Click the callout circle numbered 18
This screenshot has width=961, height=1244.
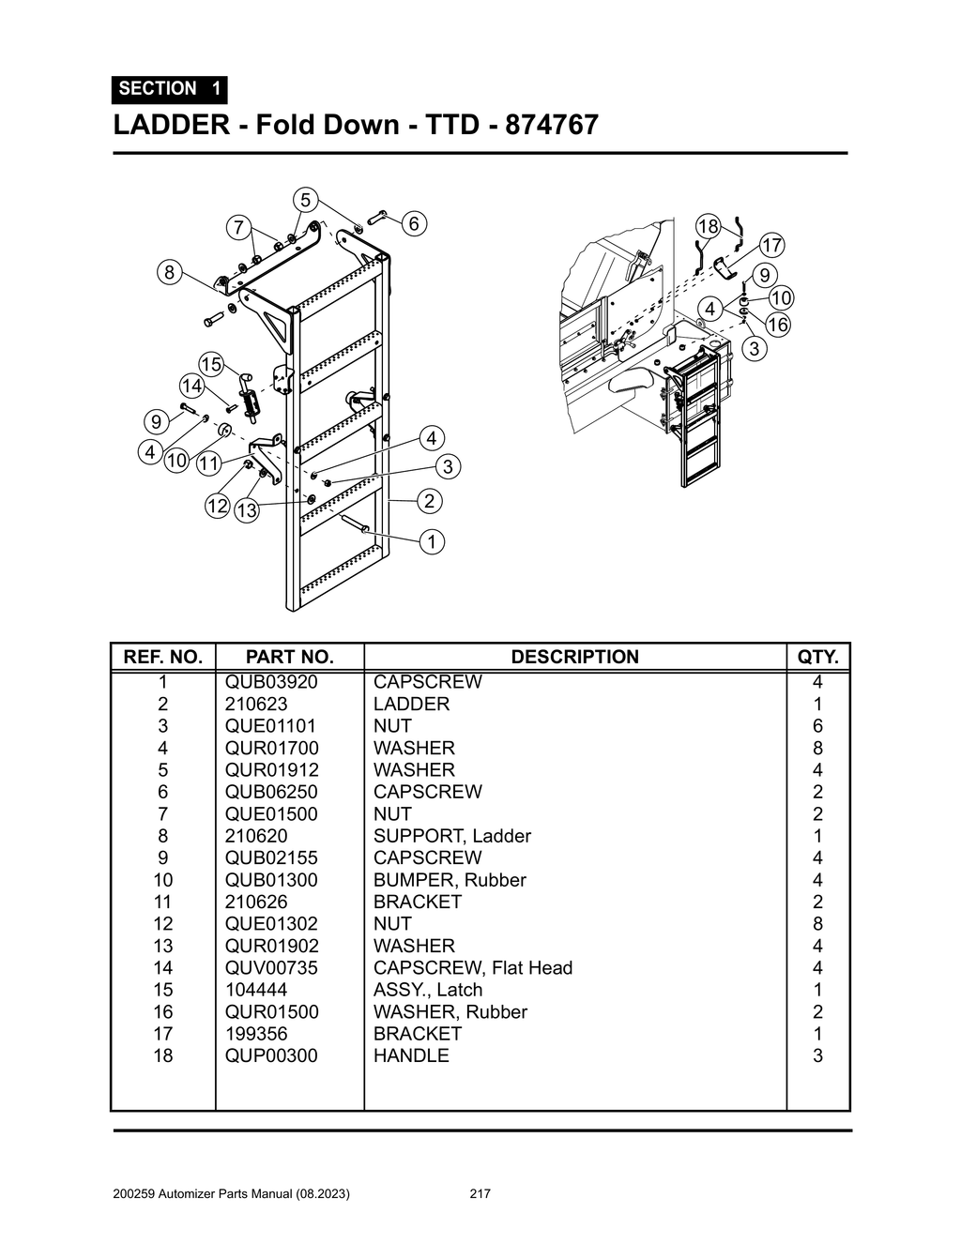(708, 226)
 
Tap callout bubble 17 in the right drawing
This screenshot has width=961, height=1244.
(770, 246)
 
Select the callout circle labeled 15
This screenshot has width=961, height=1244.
(211, 364)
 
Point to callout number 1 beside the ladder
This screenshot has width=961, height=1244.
(431, 541)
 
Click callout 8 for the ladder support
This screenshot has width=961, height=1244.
(168, 273)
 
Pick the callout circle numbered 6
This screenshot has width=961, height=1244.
(414, 223)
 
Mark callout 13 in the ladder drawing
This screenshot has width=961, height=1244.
(247, 510)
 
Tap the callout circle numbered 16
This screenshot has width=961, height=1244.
(777, 325)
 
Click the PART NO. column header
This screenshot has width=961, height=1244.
(289, 657)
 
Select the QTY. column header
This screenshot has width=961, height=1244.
(817, 657)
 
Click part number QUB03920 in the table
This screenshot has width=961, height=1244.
(271, 682)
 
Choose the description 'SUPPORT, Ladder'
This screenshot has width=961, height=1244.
(451, 836)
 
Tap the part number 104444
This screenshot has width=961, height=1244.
(256, 990)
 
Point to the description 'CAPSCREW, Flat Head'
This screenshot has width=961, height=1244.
(472, 967)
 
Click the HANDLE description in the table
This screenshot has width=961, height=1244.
(411, 1055)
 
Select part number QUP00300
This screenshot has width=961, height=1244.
(271, 1055)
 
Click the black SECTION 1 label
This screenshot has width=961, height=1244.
(170, 89)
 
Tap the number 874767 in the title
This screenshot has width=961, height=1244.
(551, 125)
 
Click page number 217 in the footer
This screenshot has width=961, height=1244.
(480, 1194)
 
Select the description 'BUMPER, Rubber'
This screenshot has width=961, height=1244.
(450, 880)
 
